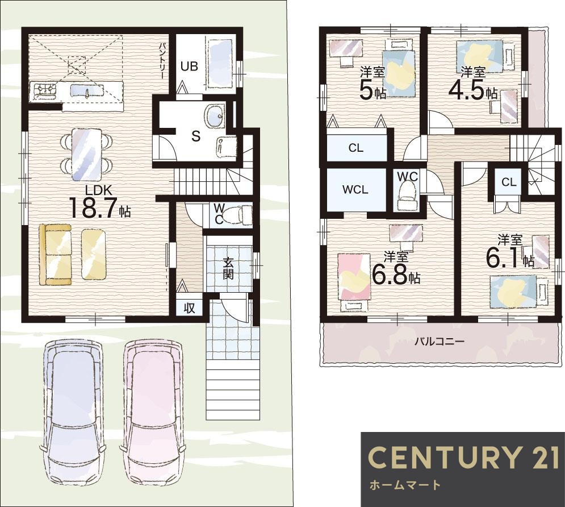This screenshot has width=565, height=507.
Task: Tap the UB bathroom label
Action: pyautogui.click(x=189, y=67)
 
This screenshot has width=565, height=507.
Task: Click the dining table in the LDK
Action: pyautogui.click(x=86, y=155)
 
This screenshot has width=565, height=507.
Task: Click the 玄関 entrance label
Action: pyautogui.click(x=228, y=268)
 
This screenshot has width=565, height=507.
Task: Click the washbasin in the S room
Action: pyautogui.click(x=215, y=115)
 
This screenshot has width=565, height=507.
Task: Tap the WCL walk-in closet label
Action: pyautogui.click(x=355, y=190)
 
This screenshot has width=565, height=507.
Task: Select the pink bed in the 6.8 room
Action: pyautogui.click(x=354, y=276)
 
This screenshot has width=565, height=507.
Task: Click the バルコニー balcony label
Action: pyautogui.click(x=439, y=341)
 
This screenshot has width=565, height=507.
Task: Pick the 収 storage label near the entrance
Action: pyautogui.click(x=189, y=307)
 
